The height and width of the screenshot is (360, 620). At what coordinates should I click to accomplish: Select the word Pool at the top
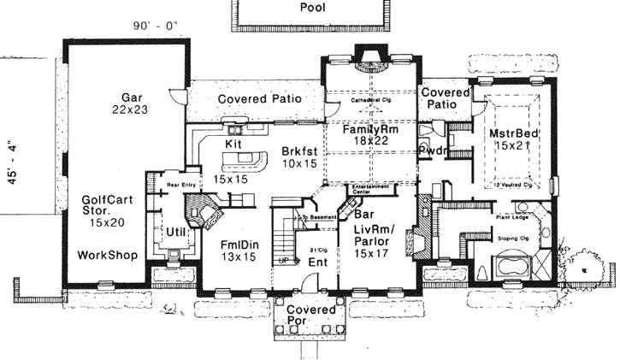tap(313, 8)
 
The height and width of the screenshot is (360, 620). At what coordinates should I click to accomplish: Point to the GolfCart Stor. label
tap(107, 210)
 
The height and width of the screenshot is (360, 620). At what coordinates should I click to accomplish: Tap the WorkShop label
tap(109, 255)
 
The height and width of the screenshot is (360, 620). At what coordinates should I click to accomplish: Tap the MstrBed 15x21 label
tap(511, 141)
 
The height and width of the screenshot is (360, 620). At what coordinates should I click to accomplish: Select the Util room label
tap(176, 232)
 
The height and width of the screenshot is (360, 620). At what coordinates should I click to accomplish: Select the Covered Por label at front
tap(310, 315)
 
